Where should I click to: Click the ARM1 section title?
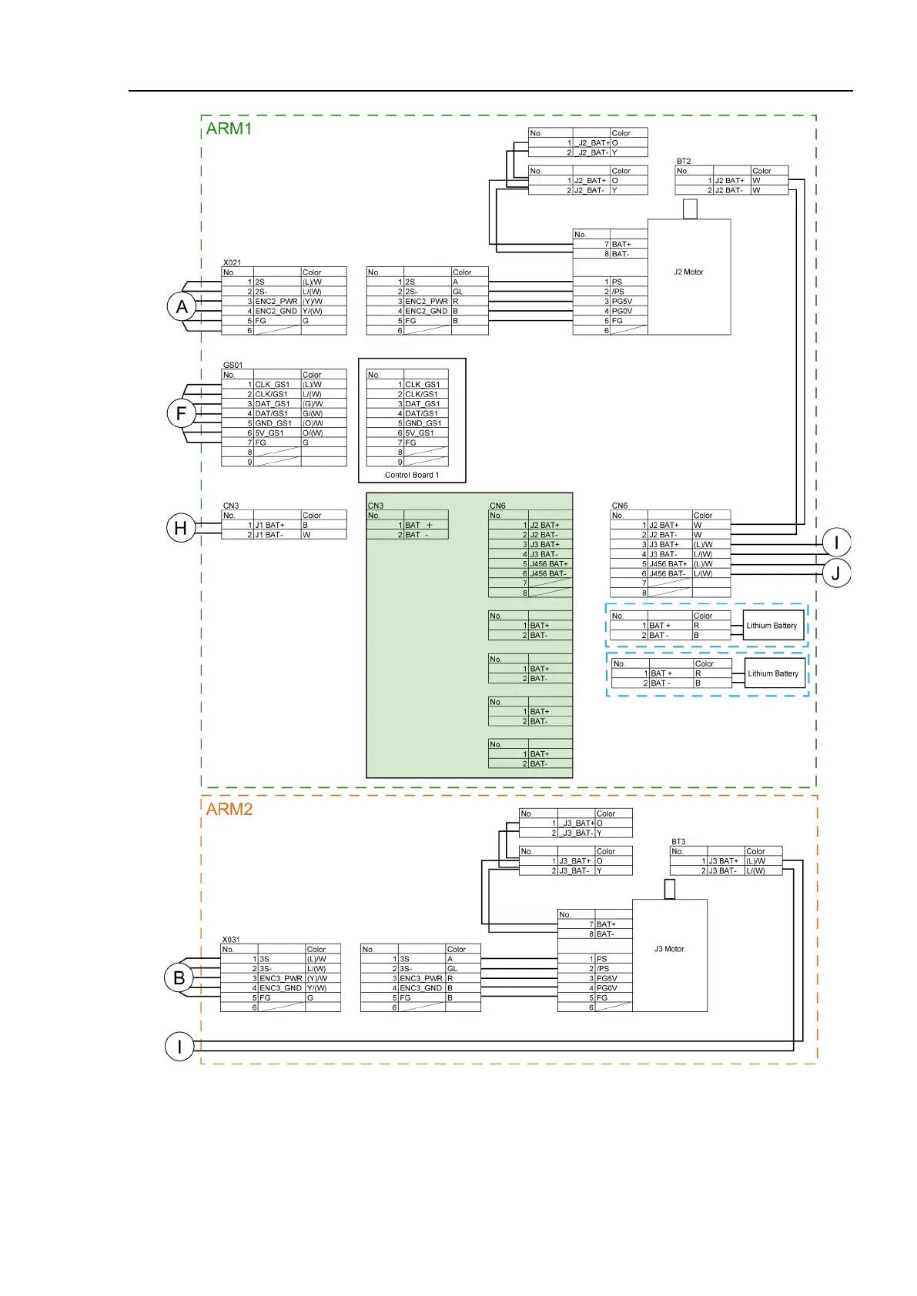(x=229, y=129)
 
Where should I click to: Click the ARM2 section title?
(x=229, y=809)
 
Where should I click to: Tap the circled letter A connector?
(x=181, y=306)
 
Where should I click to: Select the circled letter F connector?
(x=181, y=413)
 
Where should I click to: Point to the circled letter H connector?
(x=181, y=529)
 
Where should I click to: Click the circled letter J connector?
(x=836, y=573)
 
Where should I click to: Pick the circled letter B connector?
(x=179, y=978)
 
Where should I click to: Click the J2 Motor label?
(x=688, y=272)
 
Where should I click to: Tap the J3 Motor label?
(x=669, y=949)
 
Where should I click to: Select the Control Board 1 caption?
(x=412, y=475)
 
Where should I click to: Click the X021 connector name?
(x=232, y=262)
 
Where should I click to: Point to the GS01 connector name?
(x=233, y=366)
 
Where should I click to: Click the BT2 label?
(x=684, y=162)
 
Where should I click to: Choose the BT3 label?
(x=678, y=842)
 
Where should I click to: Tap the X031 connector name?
(x=231, y=940)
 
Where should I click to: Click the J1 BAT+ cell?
(x=270, y=525)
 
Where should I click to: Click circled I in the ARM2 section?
(x=179, y=1047)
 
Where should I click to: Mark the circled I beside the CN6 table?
(x=836, y=542)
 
